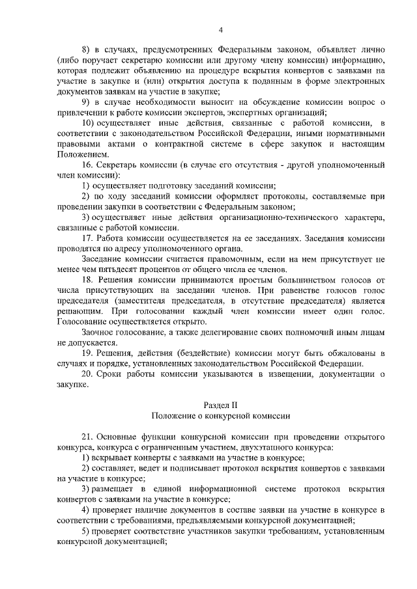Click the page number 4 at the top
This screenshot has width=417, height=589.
221,30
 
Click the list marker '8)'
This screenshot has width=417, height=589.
85,50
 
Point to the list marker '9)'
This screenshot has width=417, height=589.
85,103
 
